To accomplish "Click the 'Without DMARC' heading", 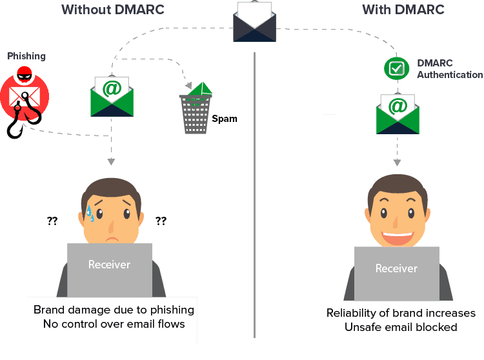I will [x=112, y=10].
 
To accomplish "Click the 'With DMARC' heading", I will [x=403, y=10].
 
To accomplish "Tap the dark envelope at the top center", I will [x=254, y=22].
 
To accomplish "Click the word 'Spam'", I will [x=225, y=119].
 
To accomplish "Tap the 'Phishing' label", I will [x=26, y=56].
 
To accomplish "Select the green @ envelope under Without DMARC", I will [x=112, y=96].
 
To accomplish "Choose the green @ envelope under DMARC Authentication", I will [x=398, y=113].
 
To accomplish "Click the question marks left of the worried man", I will [x=52, y=221].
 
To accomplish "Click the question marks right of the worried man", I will [x=161, y=221].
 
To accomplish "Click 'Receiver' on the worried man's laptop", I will [x=109, y=265].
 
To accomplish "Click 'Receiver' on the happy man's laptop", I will [x=396, y=268].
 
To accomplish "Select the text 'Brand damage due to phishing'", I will [x=114, y=310].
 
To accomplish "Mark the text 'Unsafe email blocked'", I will [x=401, y=327].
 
